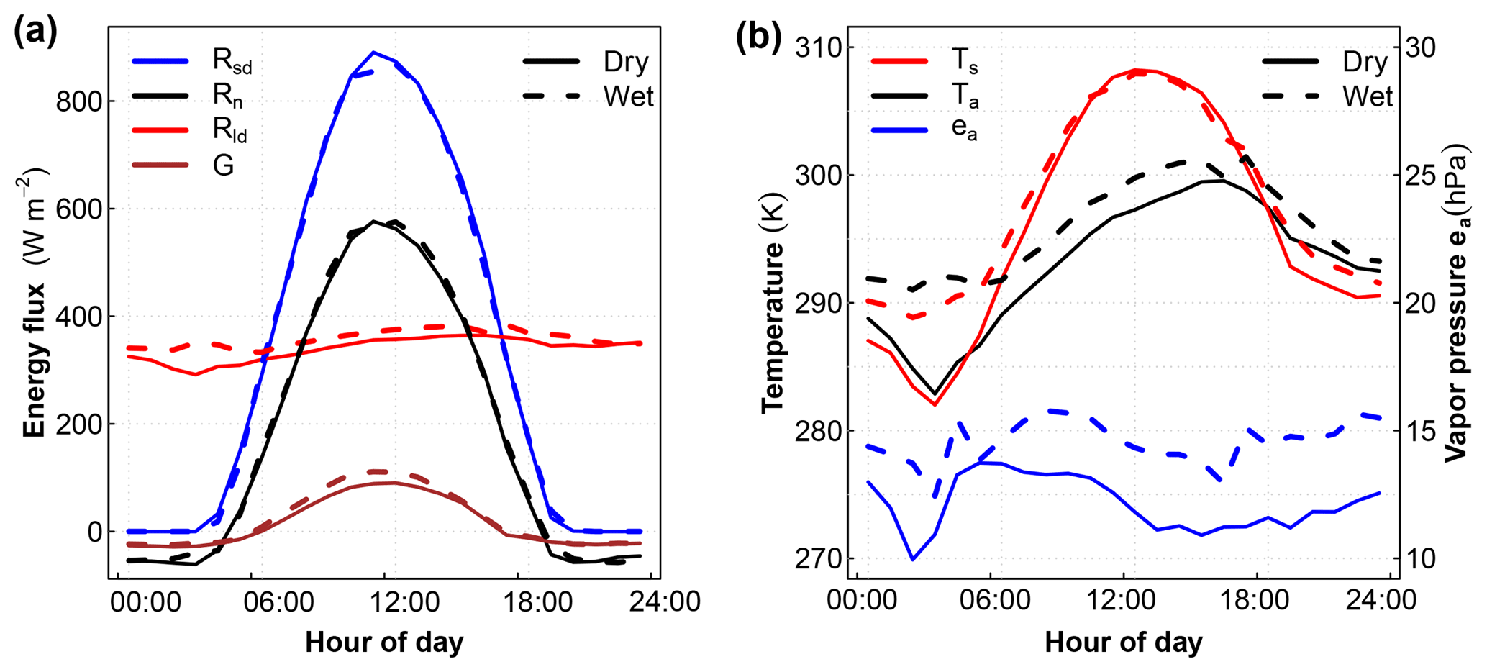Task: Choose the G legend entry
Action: pos(223,165)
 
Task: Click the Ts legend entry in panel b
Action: pos(964,62)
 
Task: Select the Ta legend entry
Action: pos(964,96)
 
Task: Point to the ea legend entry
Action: pos(964,130)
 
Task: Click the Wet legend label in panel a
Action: pos(628,96)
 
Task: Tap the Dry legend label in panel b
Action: pos(1365,62)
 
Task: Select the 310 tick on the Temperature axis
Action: pos(817,48)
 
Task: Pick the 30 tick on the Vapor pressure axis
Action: pos(1417,48)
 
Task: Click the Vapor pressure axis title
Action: pos(1458,302)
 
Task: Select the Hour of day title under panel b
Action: pos(1123,643)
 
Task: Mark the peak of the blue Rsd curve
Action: pos(373,52)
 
